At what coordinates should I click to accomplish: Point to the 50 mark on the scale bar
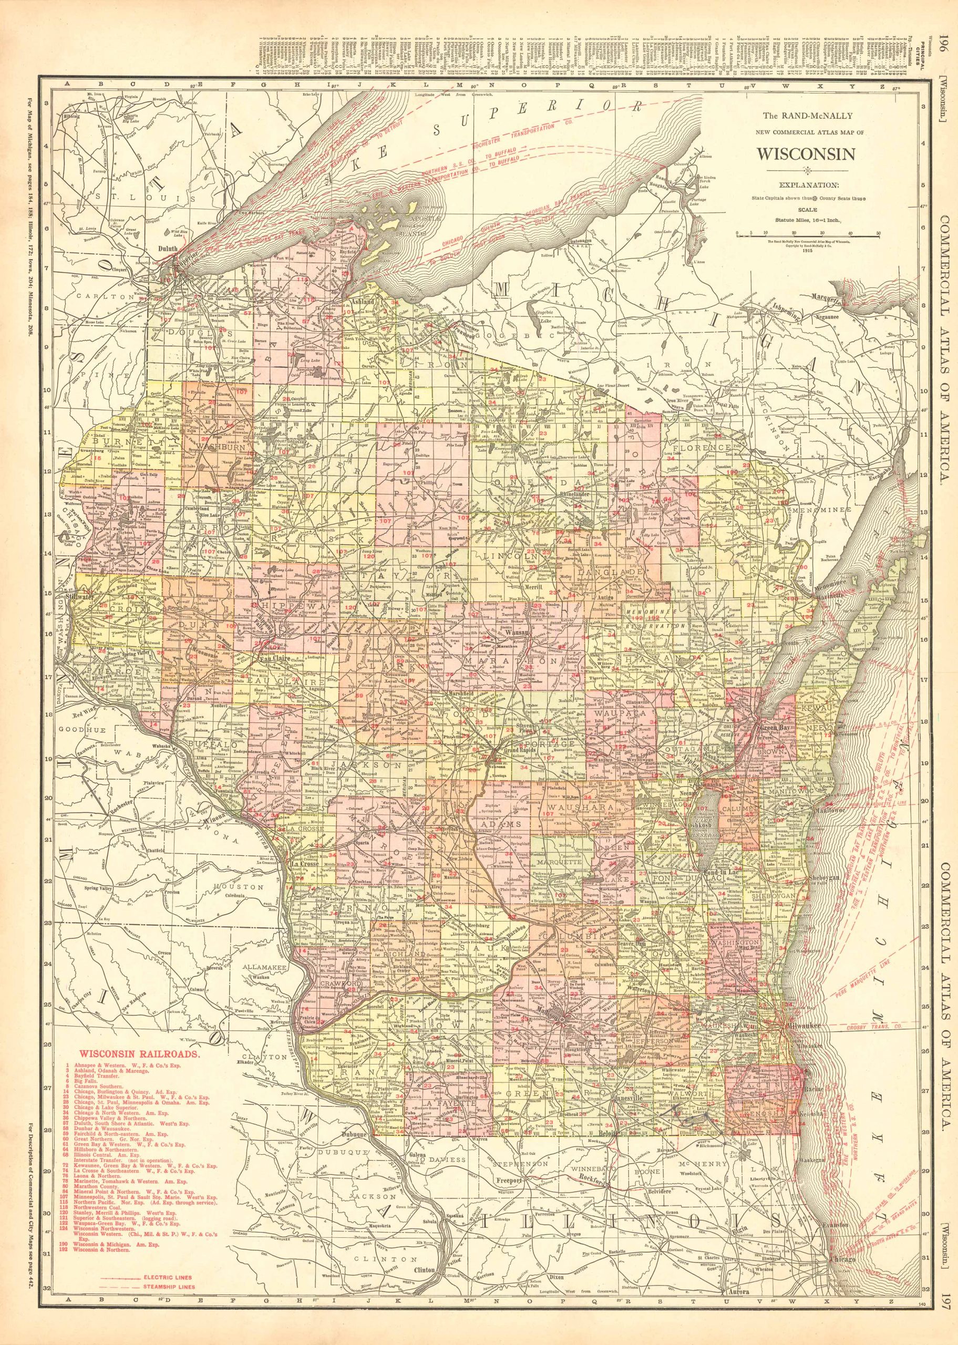coord(878,233)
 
